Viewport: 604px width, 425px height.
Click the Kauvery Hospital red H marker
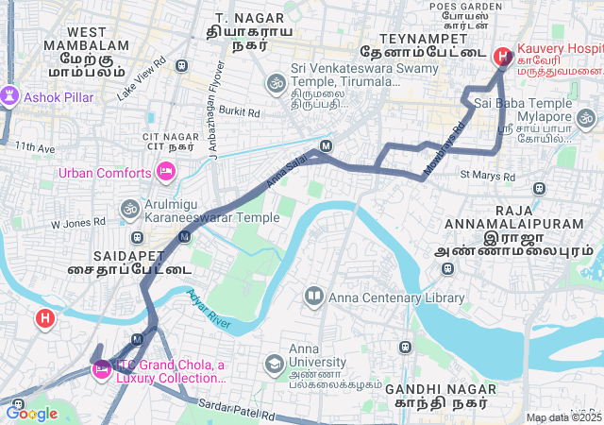[x=502, y=57]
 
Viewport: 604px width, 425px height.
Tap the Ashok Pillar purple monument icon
[x=10, y=96]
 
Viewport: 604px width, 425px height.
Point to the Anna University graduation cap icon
[x=274, y=364]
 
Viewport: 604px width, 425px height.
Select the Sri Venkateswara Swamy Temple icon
[x=277, y=82]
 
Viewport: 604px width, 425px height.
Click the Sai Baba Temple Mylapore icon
[x=586, y=118]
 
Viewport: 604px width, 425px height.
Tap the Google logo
[x=32, y=413]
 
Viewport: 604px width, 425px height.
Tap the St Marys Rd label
[x=487, y=176]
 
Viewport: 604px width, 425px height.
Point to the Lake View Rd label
[x=142, y=78]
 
